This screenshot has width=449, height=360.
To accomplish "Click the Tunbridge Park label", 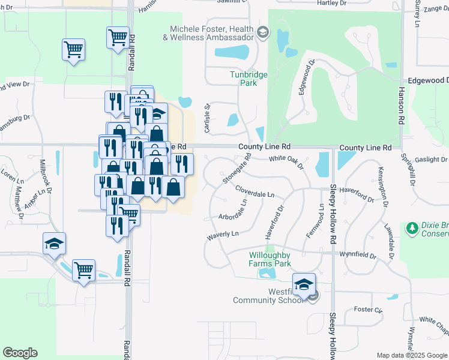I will coord(249,79).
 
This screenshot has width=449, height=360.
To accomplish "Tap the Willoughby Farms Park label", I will coord(270,259).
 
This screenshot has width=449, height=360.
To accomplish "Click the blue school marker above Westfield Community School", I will coord(304,284).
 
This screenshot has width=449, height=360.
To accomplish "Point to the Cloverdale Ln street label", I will coord(255,192).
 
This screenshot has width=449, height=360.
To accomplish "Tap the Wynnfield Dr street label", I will coord(357,256).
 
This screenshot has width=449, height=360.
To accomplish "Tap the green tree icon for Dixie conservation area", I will coord(412,228).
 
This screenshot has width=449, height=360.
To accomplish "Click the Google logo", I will coord(20,353).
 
